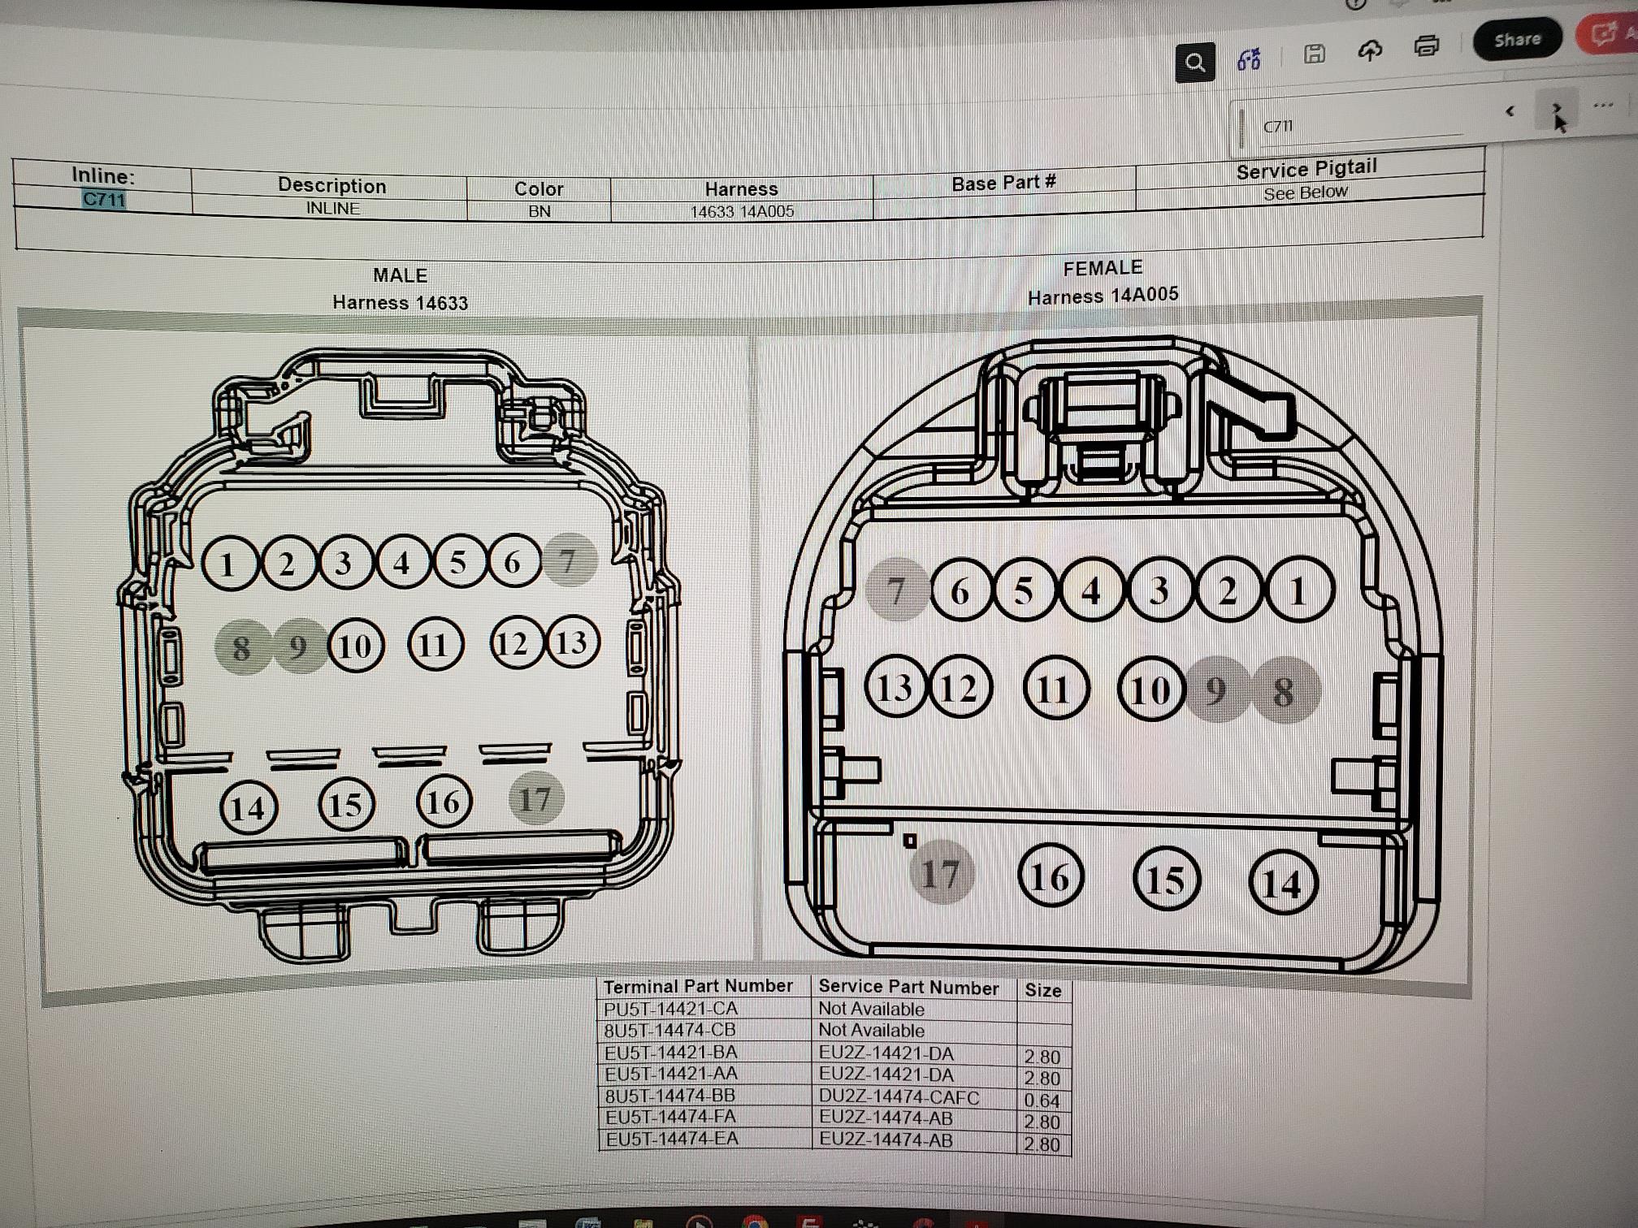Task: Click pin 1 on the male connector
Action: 229,564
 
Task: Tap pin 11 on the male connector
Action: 435,645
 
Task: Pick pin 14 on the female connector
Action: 1282,883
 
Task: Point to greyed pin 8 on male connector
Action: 242,647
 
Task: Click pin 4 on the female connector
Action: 1092,590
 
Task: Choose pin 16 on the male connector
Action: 444,802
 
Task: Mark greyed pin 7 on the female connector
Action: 897,590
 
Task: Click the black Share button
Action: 1517,39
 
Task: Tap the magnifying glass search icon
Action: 1195,63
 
